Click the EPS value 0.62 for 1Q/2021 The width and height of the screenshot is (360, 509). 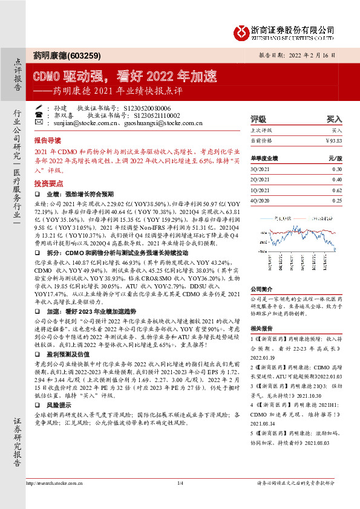pos(336,190)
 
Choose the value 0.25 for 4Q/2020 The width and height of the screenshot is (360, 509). pos(336,200)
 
